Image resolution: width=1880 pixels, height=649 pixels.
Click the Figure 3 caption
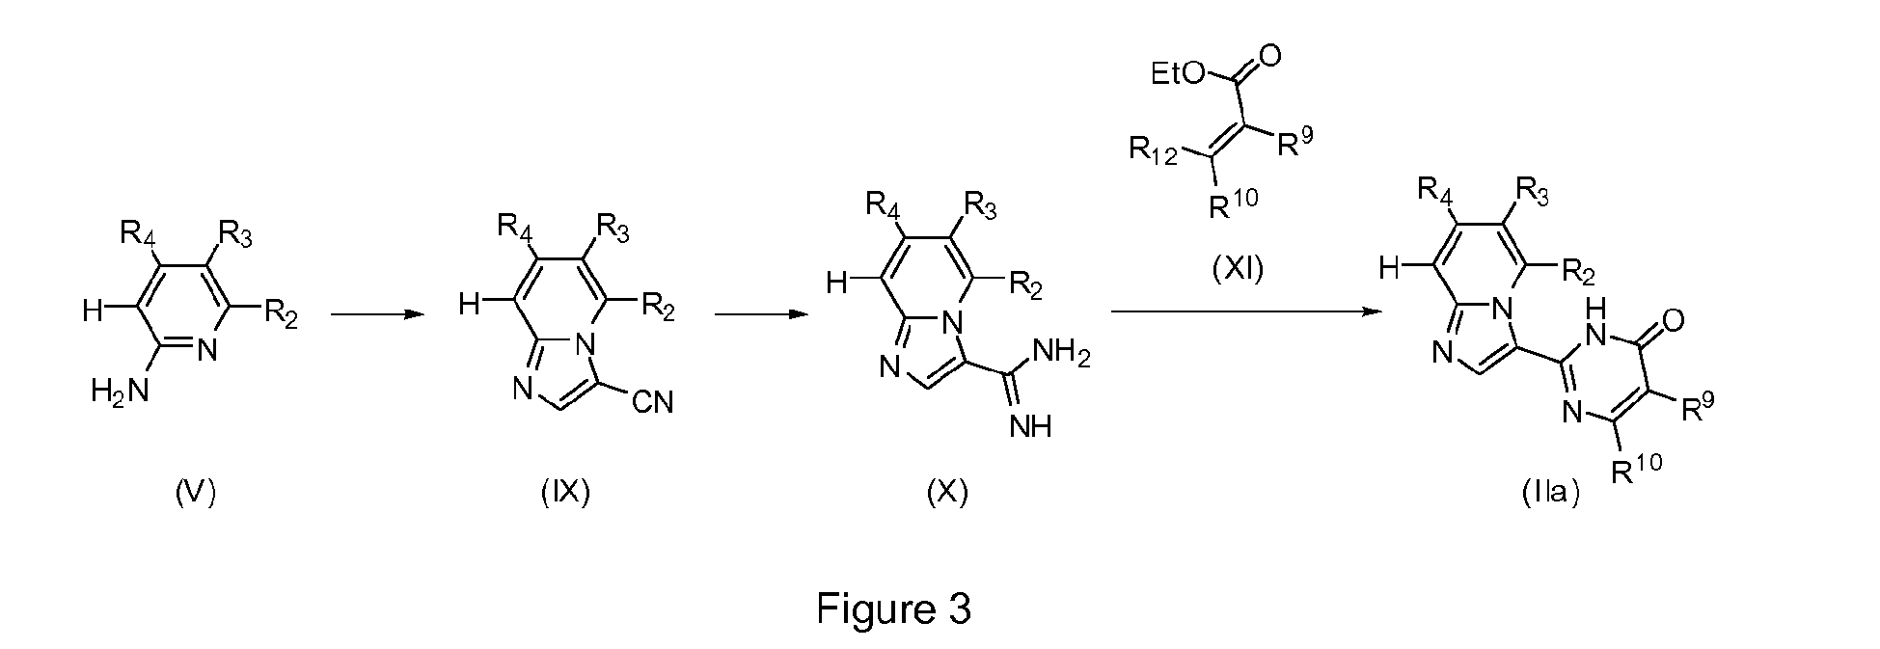click(x=893, y=608)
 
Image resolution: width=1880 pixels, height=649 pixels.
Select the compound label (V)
click(x=196, y=493)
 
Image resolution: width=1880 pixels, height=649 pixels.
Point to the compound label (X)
click(x=946, y=493)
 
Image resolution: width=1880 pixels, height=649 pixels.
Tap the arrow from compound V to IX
click(x=377, y=313)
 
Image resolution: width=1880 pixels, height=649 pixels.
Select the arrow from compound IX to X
click(x=760, y=313)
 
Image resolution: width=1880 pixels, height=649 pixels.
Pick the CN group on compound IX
click(x=652, y=402)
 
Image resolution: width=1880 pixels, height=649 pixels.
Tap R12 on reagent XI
click(x=1154, y=152)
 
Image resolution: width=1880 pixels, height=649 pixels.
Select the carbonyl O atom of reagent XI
click(x=1271, y=56)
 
